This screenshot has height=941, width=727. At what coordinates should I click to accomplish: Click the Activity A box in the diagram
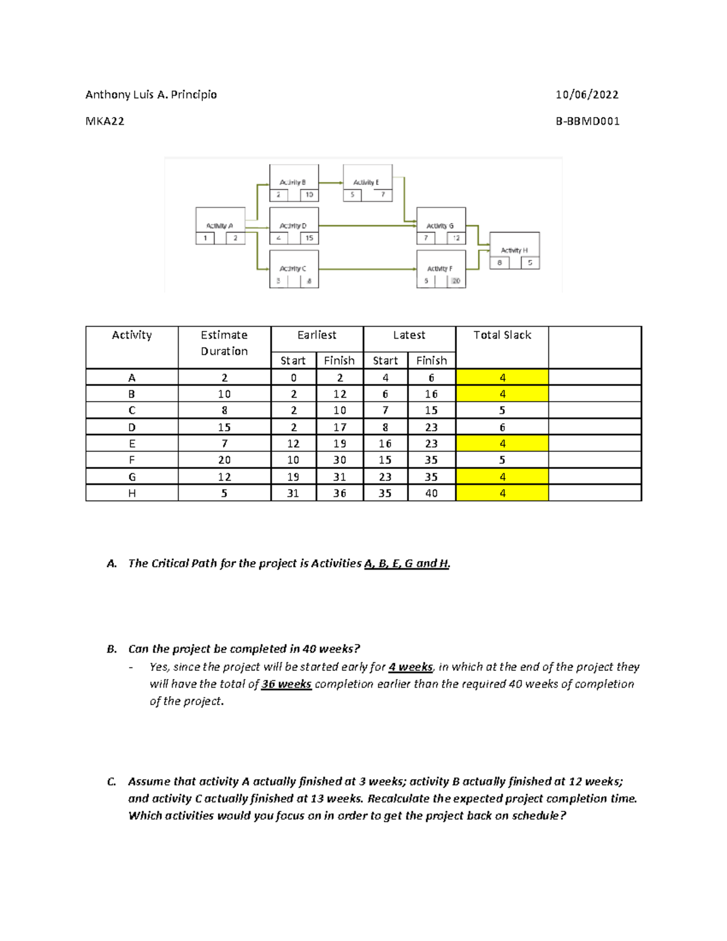[x=220, y=225]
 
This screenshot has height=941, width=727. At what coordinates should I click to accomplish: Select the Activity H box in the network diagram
[x=514, y=250]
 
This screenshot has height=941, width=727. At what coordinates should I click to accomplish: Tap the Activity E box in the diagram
[x=367, y=182]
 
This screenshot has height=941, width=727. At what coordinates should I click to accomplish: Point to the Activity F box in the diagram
[x=440, y=268]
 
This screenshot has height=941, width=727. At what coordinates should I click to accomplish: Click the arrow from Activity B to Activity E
[x=331, y=182]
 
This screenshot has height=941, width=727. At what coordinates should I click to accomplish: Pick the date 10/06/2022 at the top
[x=587, y=95]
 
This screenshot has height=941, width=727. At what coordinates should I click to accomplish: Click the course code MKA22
[x=105, y=121]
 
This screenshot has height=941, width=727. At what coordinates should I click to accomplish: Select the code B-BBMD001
[x=588, y=121]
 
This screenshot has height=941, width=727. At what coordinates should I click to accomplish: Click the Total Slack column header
[x=502, y=335]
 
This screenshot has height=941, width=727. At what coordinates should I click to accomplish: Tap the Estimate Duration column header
[x=224, y=343]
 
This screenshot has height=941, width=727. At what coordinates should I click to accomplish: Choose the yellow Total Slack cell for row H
[x=502, y=493]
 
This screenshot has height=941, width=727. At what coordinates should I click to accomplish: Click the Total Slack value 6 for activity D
[x=502, y=427]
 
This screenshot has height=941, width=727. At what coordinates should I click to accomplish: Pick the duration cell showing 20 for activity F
[x=224, y=461]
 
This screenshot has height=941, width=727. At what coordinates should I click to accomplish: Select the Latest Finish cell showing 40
[x=431, y=493]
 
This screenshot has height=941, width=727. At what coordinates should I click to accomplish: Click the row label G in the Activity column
[x=132, y=477]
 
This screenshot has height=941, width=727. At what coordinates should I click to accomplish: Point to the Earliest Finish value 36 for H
[x=339, y=493]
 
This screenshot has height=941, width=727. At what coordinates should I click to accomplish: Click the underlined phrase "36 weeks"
[x=287, y=684]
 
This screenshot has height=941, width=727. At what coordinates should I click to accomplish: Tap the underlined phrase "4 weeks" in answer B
[x=411, y=667]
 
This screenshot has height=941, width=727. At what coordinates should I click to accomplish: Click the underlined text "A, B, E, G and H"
[x=407, y=564]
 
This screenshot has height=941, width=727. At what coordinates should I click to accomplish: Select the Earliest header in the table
[x=317, y=335]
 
